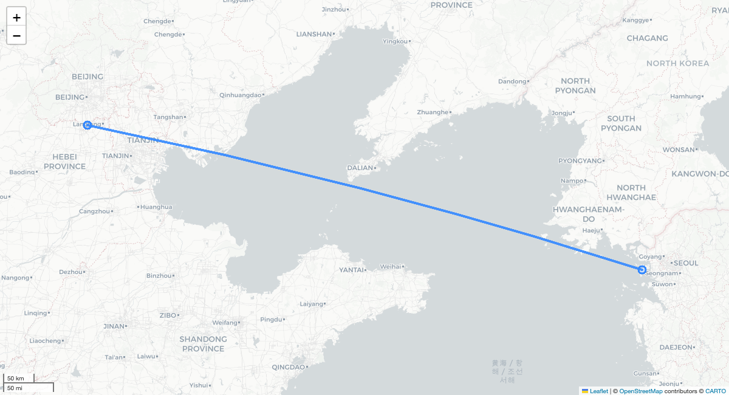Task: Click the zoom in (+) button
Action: coord(16,18)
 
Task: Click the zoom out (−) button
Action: coord(16,36)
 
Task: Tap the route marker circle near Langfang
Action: coord(87,125)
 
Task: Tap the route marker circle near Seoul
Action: coord(642,269)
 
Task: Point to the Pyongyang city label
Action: coord(580,160)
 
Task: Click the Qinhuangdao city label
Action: coord(240,95)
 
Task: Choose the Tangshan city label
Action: coord(168,117)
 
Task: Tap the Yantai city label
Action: coord(351,269)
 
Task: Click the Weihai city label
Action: coord(391,266)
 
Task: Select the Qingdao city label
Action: coord(288,367)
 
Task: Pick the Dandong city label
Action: coord(512,81)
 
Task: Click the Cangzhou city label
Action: coord(95,211)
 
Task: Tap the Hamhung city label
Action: coord(685,96)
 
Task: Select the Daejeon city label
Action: coord(675,347)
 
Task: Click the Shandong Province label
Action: coord(203,344)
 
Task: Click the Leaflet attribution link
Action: coord(598,391)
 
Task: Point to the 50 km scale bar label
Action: coord(16,379)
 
